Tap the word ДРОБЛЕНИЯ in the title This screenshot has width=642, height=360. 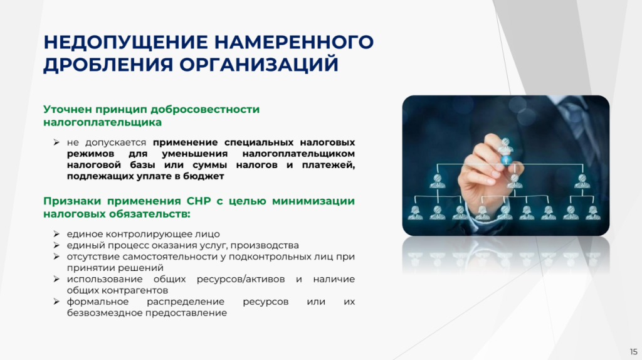point(108,65)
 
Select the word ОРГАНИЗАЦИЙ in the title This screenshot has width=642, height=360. point(259,65)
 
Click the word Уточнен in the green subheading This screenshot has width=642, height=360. point(68,109)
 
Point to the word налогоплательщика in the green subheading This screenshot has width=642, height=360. point(102,122)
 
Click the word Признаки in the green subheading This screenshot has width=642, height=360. point(72,201)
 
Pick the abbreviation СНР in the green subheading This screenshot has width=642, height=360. point(199,201)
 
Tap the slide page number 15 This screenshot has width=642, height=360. point(633,352)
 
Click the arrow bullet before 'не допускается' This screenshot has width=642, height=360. point(56,142)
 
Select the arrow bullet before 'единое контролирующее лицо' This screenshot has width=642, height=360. point(56,234)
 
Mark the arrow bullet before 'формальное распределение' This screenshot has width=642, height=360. point(56,302)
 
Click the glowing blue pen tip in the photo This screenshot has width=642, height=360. point(507,160)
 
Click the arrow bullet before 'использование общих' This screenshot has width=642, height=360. point(56,279)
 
